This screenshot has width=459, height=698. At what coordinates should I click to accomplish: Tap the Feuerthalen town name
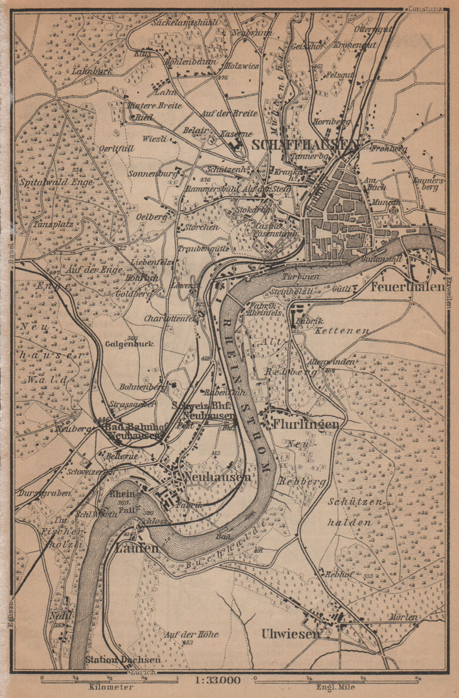coord(408,287)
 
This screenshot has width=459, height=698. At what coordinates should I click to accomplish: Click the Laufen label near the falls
coord(137,548)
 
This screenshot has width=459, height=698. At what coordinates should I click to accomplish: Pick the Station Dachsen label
coord(123,660)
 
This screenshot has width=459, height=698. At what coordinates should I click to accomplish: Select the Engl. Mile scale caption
coord(335,687)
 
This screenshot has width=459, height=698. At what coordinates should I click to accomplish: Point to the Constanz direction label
coord(425,9)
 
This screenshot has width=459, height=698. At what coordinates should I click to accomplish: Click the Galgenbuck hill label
coord(129,344)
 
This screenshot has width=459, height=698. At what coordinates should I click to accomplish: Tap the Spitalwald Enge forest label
coord(56,183)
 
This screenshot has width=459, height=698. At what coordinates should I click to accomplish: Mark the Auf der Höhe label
coord(191,634)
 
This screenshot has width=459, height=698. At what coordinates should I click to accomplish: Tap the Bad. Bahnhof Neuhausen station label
coord(133,431)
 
